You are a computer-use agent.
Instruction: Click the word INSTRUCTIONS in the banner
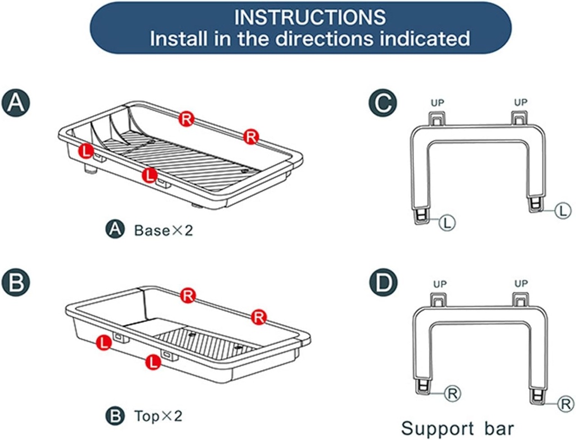[x=310, y=17]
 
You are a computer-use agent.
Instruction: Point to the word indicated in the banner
[x=429, y=38]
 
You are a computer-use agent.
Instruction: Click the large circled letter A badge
[x=15, y=103]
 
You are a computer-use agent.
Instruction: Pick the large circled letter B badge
[x=15, y=282]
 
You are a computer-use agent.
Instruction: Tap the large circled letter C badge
[x=384, y=104]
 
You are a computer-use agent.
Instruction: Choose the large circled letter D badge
[x=384, y=282]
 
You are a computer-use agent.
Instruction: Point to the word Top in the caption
[x=145, y=417]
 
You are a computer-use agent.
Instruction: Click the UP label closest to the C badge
[x=437, y=103]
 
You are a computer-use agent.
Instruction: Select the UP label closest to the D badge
[x=440, y=284]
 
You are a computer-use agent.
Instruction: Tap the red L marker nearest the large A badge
[x=85, y=151]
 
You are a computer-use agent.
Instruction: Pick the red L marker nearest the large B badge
[x=103, y=342]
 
